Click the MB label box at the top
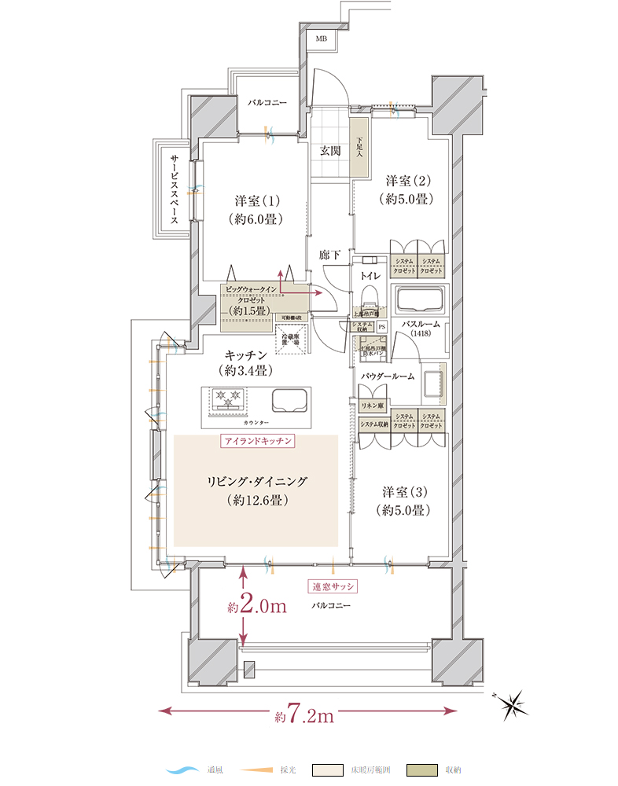pyautogui.click(x=321, y=39)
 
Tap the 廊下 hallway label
pyautogui.click(x=329, y=255)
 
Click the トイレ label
pyautogui.click(x=370, y=276)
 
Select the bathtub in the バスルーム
pyautogui.click(x=420, y=302)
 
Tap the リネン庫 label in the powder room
pyautogui.click(x=371, y=406)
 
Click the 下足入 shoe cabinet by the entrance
pyautogui.click(x=359, y=147)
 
